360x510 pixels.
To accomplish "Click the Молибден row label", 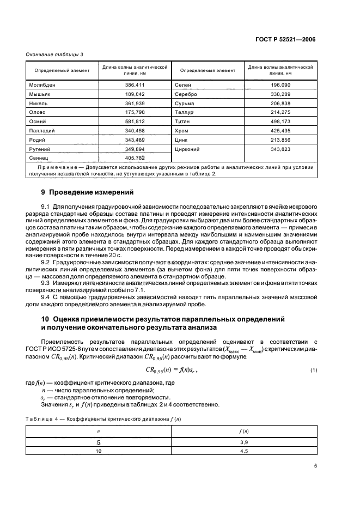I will tap(42, 85).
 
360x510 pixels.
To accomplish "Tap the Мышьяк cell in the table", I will tap(40, 94).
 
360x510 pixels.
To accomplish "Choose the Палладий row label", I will tap(43, 130).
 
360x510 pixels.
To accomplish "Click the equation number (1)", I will tap(314, 371).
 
